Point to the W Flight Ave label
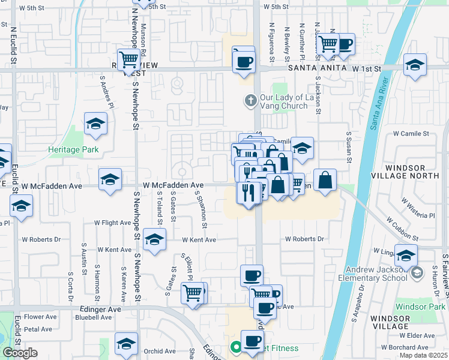pyautogui.click(x=112, y=223)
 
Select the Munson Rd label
pyautogui.click(x=144, y=37)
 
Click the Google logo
pyautogui.click(x=20, y=353)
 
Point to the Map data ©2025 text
pyautogui.click(x=424, y=356)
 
